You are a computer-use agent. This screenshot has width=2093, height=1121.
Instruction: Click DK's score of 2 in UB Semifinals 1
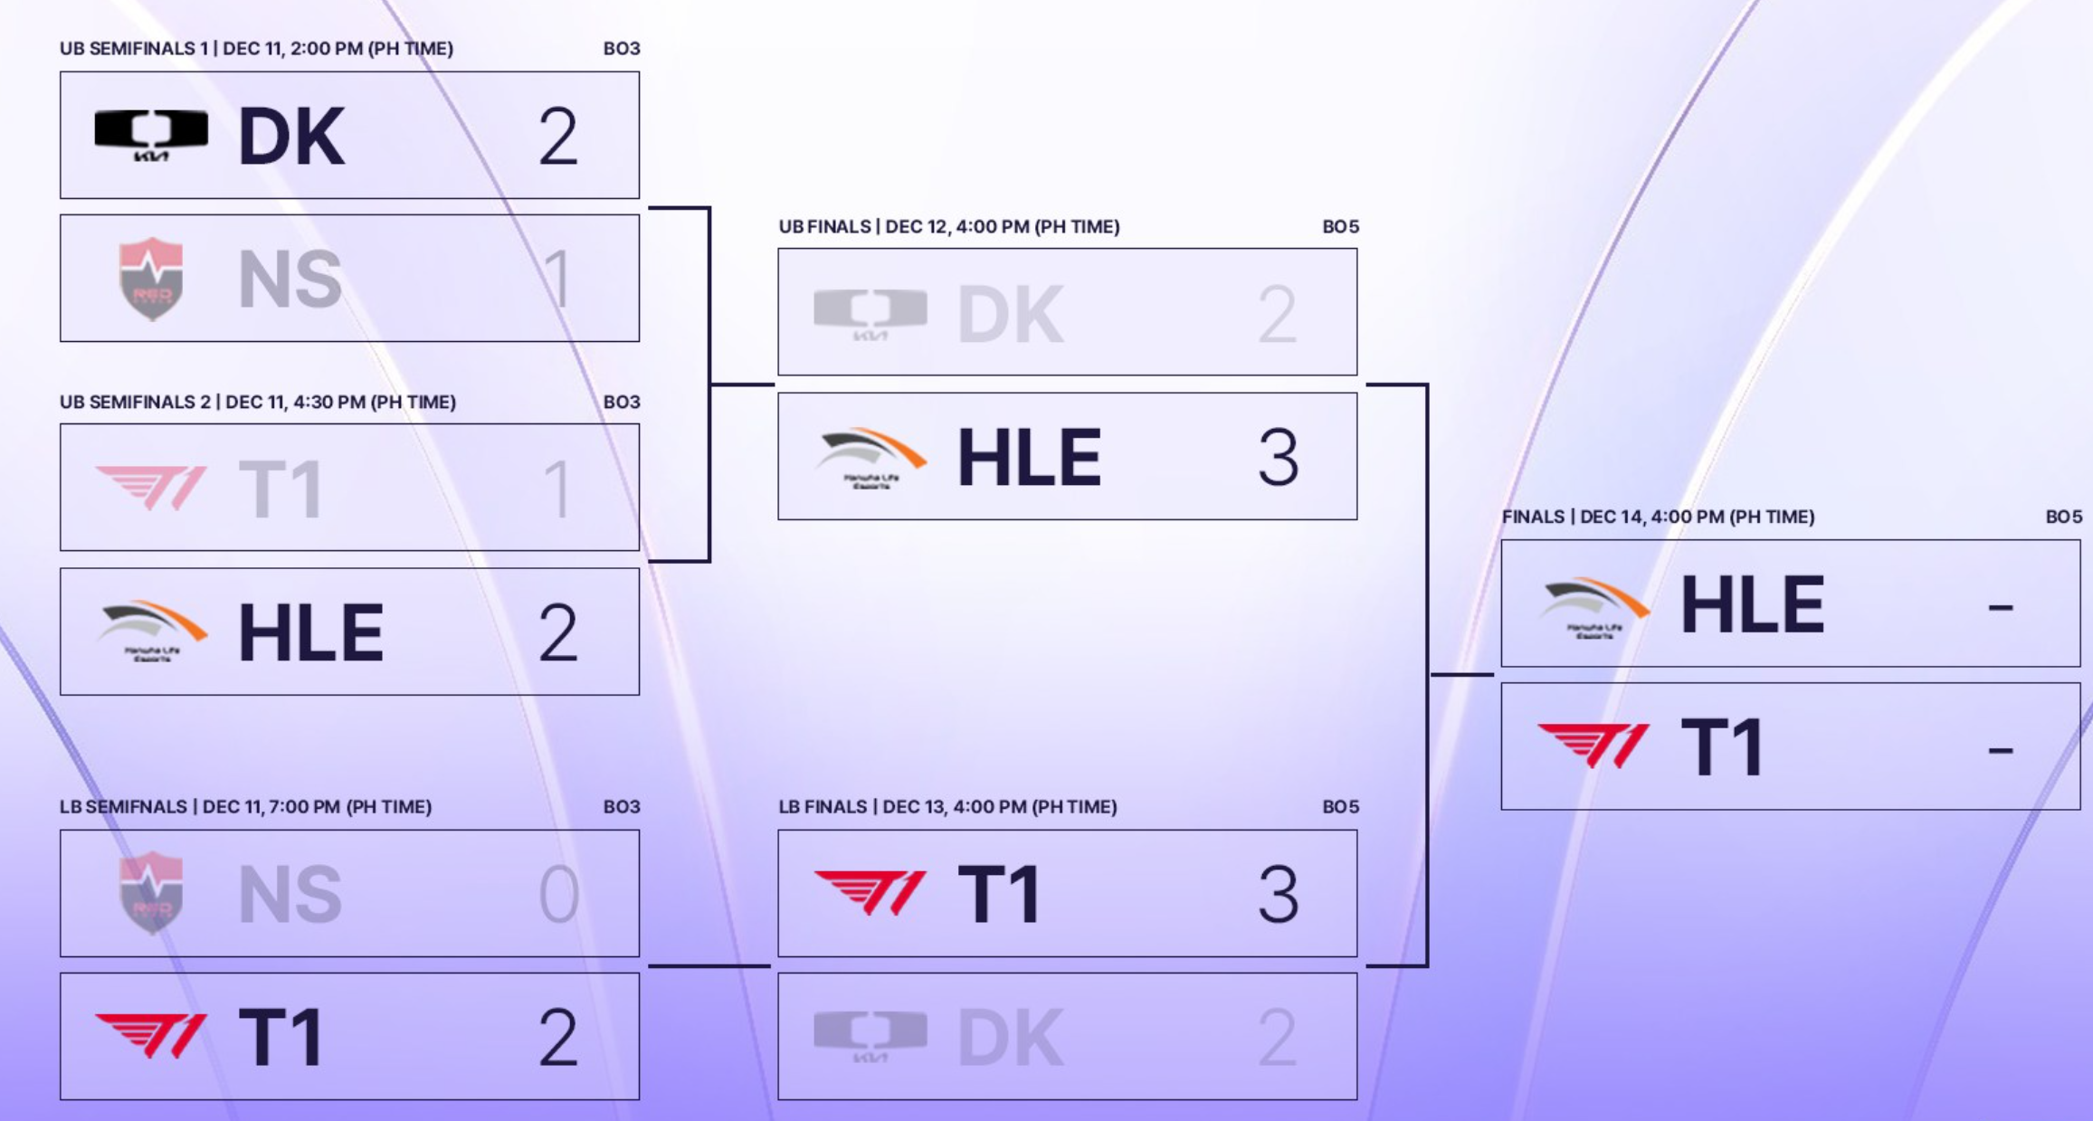(557, 137)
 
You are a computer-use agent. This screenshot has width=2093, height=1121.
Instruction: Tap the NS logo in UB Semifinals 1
(151, 279)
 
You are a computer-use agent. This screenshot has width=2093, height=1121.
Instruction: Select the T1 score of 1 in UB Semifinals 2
(557, 489)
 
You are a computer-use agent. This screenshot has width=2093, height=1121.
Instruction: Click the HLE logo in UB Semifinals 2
(151, 631)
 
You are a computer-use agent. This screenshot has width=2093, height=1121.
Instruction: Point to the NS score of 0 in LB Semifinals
(557, 894)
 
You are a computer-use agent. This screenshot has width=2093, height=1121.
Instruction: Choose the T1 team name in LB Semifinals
(281, 1037)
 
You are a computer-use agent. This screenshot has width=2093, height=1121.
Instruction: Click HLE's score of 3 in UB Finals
(1278, 458)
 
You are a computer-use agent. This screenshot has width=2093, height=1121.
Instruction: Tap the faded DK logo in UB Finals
(870, 313)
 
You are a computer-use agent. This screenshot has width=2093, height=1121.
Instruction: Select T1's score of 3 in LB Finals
(1278, 894)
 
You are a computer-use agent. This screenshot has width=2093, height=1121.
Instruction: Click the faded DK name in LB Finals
(1010, 1037)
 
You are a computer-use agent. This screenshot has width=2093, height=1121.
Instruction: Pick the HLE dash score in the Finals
(2000, 606)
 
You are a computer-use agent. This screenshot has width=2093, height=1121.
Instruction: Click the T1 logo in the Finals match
(1594, 746)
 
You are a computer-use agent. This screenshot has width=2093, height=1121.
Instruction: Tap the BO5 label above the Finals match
(2063, 517)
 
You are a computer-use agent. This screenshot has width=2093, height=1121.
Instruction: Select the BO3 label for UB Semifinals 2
(622, 402)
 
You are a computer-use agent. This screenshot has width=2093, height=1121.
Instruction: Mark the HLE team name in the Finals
(1752, 604)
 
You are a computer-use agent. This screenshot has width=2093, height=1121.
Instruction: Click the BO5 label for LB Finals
(1340, 806)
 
